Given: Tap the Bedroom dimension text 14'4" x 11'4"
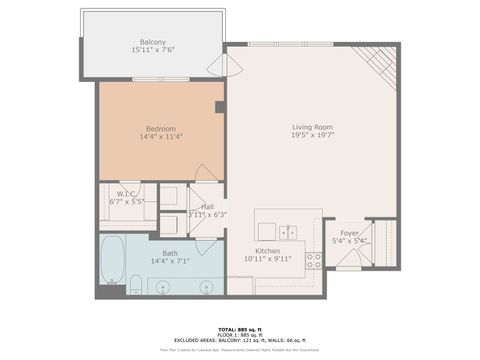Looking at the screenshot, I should tap(160, 137).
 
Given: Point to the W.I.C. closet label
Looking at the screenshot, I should tap(126, 194).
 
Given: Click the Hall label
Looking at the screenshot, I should tap(207, 206).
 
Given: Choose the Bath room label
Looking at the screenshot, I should tap(171, 253).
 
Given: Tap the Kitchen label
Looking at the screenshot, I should tap(266, 252).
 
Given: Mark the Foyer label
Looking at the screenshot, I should tap(349, 233).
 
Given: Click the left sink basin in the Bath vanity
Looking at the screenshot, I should tap(165, 287).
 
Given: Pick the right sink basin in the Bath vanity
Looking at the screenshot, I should tap(206, 287).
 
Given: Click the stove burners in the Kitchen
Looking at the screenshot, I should tap(313, 260).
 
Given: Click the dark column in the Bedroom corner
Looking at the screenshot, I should tap(218, 106).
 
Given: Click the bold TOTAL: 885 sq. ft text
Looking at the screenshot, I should tap(240, 328).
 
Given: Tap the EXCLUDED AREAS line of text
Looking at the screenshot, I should tap(240, 340).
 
